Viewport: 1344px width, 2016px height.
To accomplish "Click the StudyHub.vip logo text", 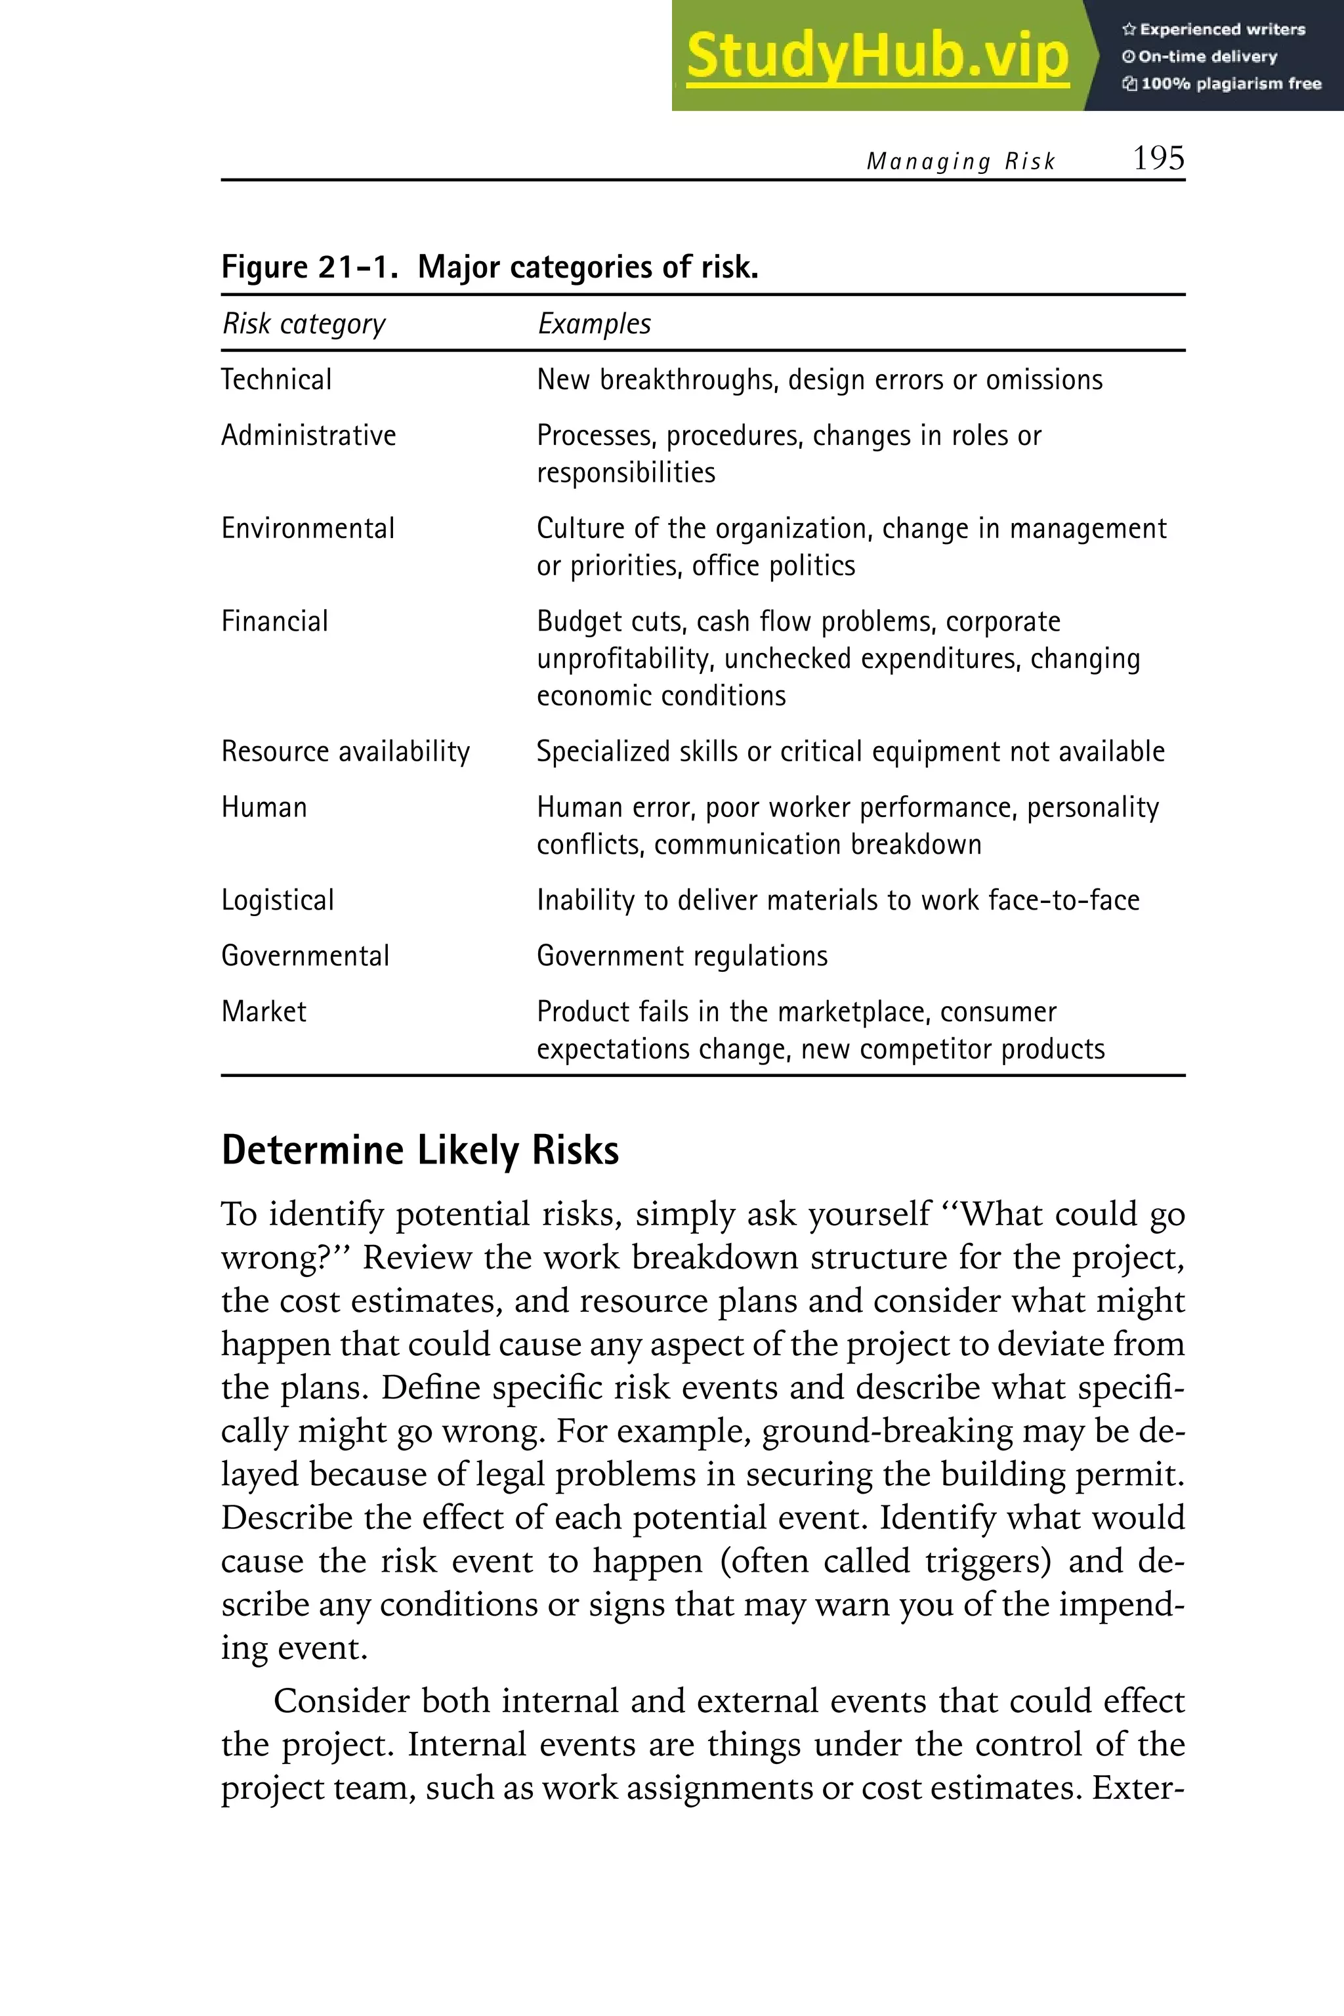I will point(877,56).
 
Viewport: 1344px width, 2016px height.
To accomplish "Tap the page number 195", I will point(1158,159).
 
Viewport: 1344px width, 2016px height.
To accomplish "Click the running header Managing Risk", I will point(960,161).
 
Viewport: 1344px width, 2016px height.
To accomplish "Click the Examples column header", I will point(594,324).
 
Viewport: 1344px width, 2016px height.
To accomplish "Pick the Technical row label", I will point(276,380).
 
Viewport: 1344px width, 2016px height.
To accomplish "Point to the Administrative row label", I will point(308,436).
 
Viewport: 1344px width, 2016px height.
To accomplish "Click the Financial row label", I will point(274,621).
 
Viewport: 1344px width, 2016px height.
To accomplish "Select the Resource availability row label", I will point(345,751).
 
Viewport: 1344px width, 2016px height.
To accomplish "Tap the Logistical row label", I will point(278,900).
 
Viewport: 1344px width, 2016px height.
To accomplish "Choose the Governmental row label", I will point(305,955).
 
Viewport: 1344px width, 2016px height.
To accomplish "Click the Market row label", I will point(263,1011).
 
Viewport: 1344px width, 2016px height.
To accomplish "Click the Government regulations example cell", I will point(682,955).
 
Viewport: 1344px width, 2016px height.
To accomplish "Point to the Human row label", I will point(263,807).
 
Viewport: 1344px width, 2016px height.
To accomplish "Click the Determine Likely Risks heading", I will point(420,1150).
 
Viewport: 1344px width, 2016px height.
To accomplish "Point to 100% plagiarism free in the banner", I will point(1230,84).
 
